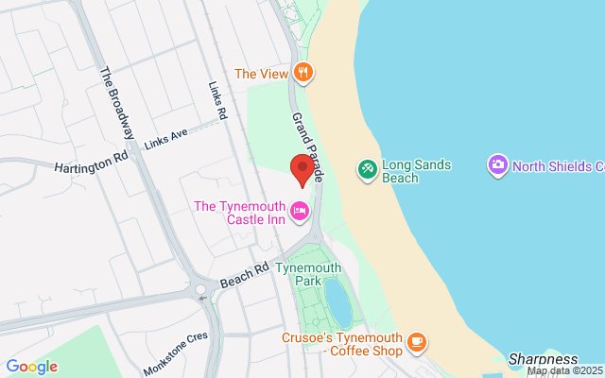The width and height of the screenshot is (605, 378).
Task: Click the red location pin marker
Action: (x=302, y=168)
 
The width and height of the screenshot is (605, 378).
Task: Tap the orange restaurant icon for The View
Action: (x=302, y=72)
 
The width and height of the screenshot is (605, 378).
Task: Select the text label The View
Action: (x=260, y=73)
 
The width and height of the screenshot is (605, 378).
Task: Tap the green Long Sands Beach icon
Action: (x=366, y=169)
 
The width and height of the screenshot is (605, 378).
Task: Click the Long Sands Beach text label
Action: (x=416, y=171)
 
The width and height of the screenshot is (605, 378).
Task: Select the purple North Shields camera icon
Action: (x=497, y=166)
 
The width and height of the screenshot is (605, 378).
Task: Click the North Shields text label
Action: (x=558, y=167)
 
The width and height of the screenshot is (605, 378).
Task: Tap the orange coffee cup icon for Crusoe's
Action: (x=416, y=342)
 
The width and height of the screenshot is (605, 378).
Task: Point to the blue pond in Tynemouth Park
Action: (x=337, y=301)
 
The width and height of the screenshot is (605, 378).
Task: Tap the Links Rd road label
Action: (x=218, y=100)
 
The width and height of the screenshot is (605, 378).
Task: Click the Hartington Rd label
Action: (x=90, y=164)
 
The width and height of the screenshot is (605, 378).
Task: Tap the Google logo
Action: (x=31, y=367)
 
